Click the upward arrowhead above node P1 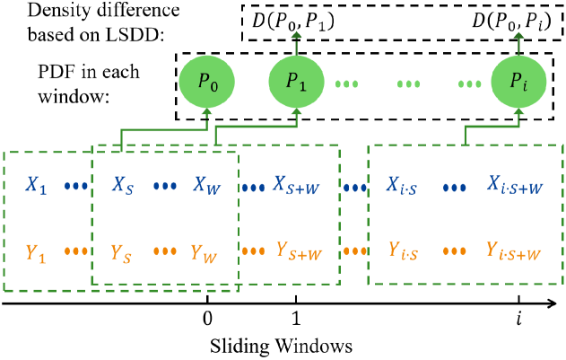pyautogui.click(x=296, y=35)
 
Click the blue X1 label pyautogui.click(x=36, y=186)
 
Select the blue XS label pyautogui.click(x=123, y=186)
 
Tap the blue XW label pyautogui.click(x=206, y=186)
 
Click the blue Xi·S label pyautogui.click(x=405, y=186)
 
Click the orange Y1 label pyautogui.click(x=36, y=252)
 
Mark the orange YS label pyautogui.click(x=122, y=252)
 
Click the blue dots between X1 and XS pyautogui.click(x=76, y=187)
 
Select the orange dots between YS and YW pyautogui.click(x=164, y=251)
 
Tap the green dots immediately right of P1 pyautogui.click(x=346, y=84)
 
